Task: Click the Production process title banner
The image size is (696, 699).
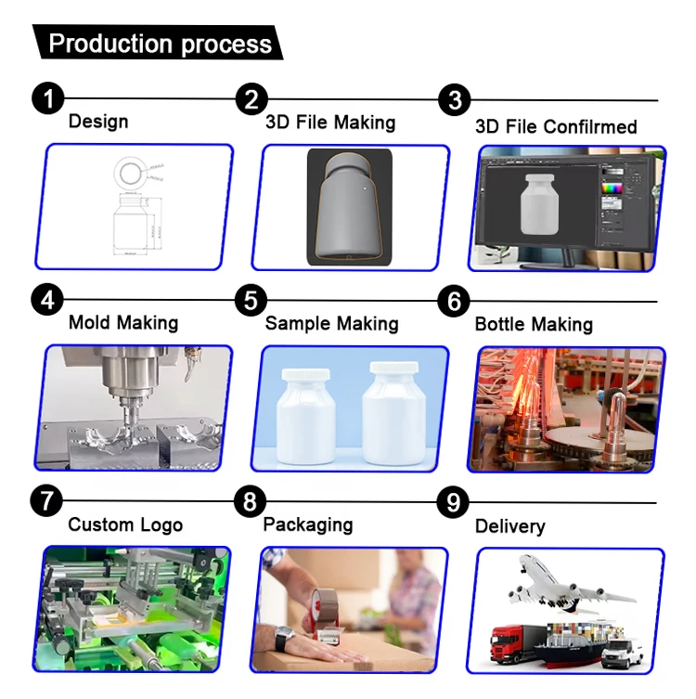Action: pos(158,43)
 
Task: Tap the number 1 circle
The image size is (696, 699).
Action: pos(48,98)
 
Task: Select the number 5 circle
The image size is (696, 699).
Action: pos(251,300)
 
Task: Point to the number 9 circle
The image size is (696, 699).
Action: pos(453,502)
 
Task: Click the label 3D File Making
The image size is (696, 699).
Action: pos(330,123)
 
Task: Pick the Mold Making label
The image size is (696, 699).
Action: pos(122,323)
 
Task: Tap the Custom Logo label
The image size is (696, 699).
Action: pos(125,524)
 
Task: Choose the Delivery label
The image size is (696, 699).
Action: pos(509,526)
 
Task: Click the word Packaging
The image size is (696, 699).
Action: pos(308,524)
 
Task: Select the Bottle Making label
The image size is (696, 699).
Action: pos(534,324)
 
